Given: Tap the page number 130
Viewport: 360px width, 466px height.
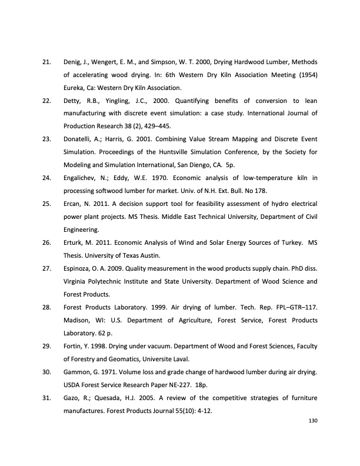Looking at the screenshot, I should pyautogui.click(x=311, y=420).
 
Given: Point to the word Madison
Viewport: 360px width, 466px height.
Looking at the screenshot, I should pyautogui.click(x=77, y=320).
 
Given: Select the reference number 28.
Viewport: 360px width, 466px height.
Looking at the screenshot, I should pyautogui.click(x=46, y=307).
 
